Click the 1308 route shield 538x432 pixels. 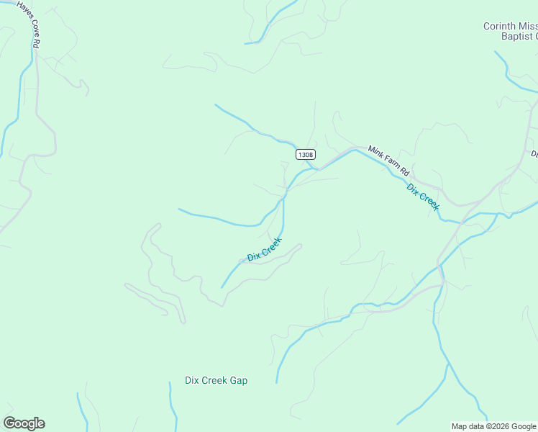pyautogui.click(x=305, y=155)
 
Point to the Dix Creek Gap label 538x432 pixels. pyautogui.click(x=216, y=380)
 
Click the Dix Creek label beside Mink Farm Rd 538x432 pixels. pyautogui.click(x=423, y=197)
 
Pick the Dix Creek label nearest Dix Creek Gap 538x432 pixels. pyautogui.click(x=264, y=249)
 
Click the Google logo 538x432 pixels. pyautogui.click(x=24, y=423)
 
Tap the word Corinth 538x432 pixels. pyautogui.click(x=500, y=27)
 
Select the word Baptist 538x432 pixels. pyautogui.click(x=516, y=37)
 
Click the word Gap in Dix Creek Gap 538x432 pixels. pyautogui.click(x=238, y=380)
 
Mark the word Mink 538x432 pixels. pyautogui.click(x=375, y=152)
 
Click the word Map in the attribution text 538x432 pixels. pyautogui.click(x=460, y=426)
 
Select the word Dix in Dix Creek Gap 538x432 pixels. pyautogui.click(x=191, y=380)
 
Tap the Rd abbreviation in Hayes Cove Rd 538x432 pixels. pyautogui.click(x=36, y=42)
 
